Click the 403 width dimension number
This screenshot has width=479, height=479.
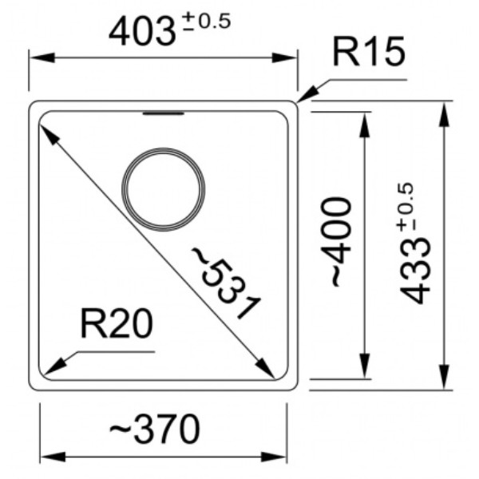pos(143,31)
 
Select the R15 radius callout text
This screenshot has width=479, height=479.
pos(370,51)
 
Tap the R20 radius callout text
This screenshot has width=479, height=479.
pos(116,323)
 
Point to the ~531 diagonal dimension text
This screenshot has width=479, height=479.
pos(225,283)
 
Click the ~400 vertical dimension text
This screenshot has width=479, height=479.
pos(336,242)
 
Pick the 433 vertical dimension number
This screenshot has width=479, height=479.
pos(415,270)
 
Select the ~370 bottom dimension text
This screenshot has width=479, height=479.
pos(155,429)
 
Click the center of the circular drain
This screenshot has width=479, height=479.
pos(164,189)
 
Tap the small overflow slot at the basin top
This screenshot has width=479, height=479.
pos(164,113)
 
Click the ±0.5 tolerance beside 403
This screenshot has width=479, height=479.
pos(207,22)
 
